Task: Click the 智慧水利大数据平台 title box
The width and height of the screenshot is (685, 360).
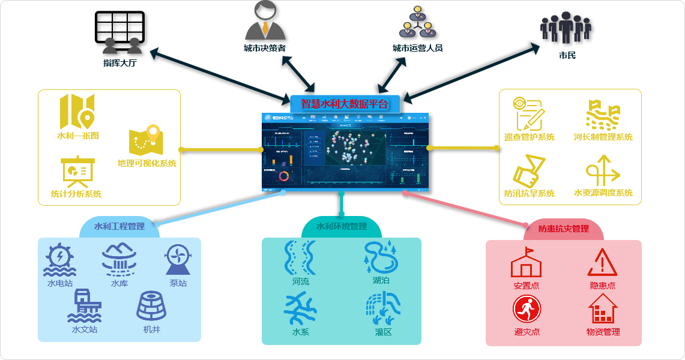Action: (x=345, y=103)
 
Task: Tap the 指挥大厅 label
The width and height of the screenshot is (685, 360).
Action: (x=120, y=62)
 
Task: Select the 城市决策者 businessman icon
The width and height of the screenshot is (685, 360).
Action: (x=265, y=21)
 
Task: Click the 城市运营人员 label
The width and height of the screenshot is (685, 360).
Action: (x=417, y=48)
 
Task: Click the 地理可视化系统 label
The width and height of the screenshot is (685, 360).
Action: (x=147, y=163)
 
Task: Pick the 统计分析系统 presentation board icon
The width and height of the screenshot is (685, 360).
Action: (x=77, y=172)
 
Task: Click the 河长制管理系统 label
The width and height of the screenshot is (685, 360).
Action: (x=603, y=137)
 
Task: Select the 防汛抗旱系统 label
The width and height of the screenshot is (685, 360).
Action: (x=529, y=193)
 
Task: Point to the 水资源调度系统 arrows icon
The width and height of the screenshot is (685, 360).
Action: (x=603, y=171)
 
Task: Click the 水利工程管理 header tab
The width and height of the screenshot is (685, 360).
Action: (x=119, y=227)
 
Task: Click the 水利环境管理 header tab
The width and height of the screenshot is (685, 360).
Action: (x=341, y=227)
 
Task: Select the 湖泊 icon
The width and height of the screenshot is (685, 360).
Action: (x=381, y=257)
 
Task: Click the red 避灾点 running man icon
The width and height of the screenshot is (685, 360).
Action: (x=527, y=310)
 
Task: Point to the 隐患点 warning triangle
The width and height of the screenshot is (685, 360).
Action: (x=602, y=262)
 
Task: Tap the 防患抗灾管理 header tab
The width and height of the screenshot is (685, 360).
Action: (x=563, y=229)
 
